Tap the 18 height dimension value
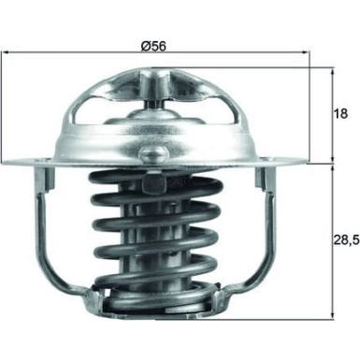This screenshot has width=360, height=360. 342,114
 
